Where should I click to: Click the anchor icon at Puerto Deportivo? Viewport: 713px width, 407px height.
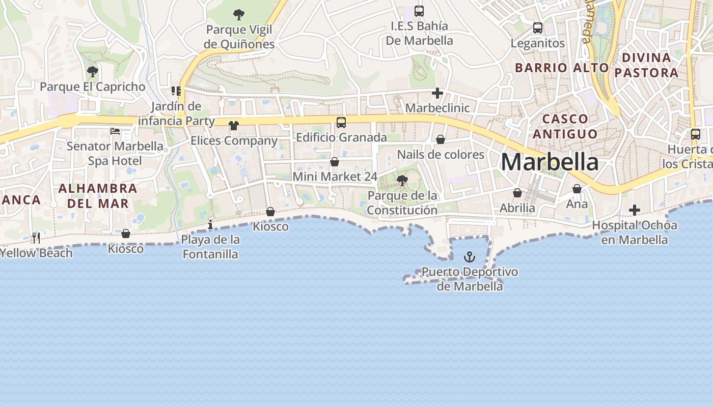[470, 257]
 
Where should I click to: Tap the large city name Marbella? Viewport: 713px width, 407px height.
[550, 162]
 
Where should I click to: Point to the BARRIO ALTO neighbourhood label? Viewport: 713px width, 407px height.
[562, 68]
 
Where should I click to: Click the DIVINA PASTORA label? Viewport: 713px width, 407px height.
[646, 65]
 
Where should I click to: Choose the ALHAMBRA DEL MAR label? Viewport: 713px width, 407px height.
[98, 196]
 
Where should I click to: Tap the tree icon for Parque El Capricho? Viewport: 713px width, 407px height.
[92, 72]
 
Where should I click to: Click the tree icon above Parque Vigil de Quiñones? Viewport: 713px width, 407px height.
[238, 15]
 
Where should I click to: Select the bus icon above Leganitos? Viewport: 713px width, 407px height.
[537, 28]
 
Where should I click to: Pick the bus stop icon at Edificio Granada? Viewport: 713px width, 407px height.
[341, 123]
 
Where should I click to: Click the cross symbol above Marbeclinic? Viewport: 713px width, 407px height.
[437, 93]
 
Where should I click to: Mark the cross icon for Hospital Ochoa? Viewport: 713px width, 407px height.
[634, 210]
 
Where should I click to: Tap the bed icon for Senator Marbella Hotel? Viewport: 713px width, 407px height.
[115, 131]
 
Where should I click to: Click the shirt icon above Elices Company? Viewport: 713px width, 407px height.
[233, 126]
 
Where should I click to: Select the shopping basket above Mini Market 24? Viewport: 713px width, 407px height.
[335, 162]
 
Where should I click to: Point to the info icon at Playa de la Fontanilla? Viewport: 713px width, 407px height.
[210, 224]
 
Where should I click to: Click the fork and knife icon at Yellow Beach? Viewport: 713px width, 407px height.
[36, 238]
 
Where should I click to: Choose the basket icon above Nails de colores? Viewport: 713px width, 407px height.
[441, 139]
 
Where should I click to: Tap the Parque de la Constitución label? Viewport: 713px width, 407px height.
[402, 202]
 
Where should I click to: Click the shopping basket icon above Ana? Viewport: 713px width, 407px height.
[577, 189]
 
